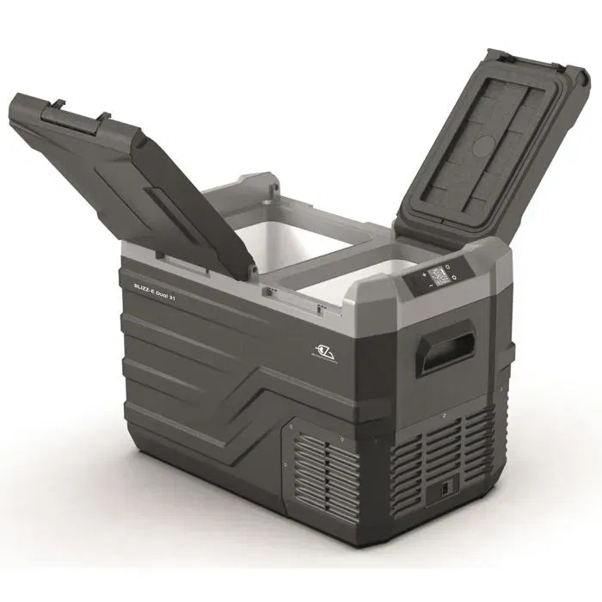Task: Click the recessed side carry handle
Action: pyautogui.click(x=445, y=347)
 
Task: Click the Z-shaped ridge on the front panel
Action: pyautogui.click(x=258, y=391)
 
